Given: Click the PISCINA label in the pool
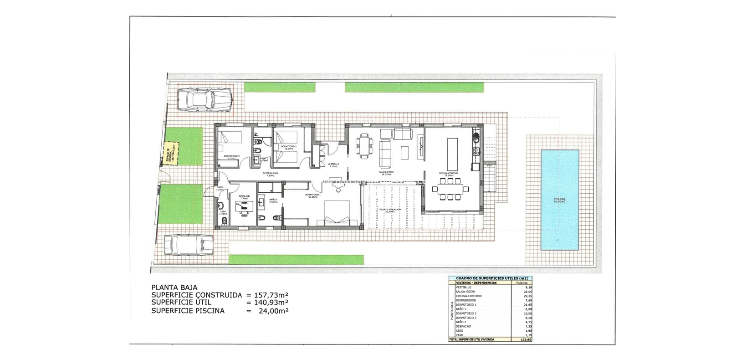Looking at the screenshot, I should coord(559,199).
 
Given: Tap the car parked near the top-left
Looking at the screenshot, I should coord(204,100).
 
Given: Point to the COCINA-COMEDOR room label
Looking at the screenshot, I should coord(448,173).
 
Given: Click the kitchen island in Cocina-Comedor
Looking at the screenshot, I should coord(453,154).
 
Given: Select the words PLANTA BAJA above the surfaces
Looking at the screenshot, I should coord(174,288).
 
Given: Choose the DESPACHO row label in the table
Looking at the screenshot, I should coord(463,326).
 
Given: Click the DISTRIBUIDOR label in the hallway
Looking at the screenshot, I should coord(270,173).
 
